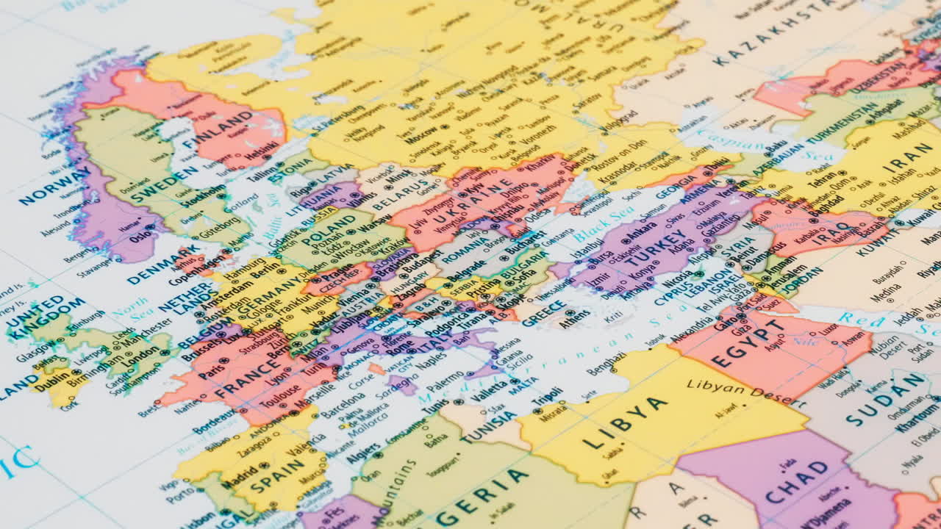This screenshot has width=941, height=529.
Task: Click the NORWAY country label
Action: [56, 187]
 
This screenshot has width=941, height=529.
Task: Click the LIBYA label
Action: [624, 423]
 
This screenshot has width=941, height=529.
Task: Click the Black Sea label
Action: [604, 223]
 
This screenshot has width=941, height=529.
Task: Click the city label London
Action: [140, 361]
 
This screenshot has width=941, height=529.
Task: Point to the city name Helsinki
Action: [262, 154]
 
